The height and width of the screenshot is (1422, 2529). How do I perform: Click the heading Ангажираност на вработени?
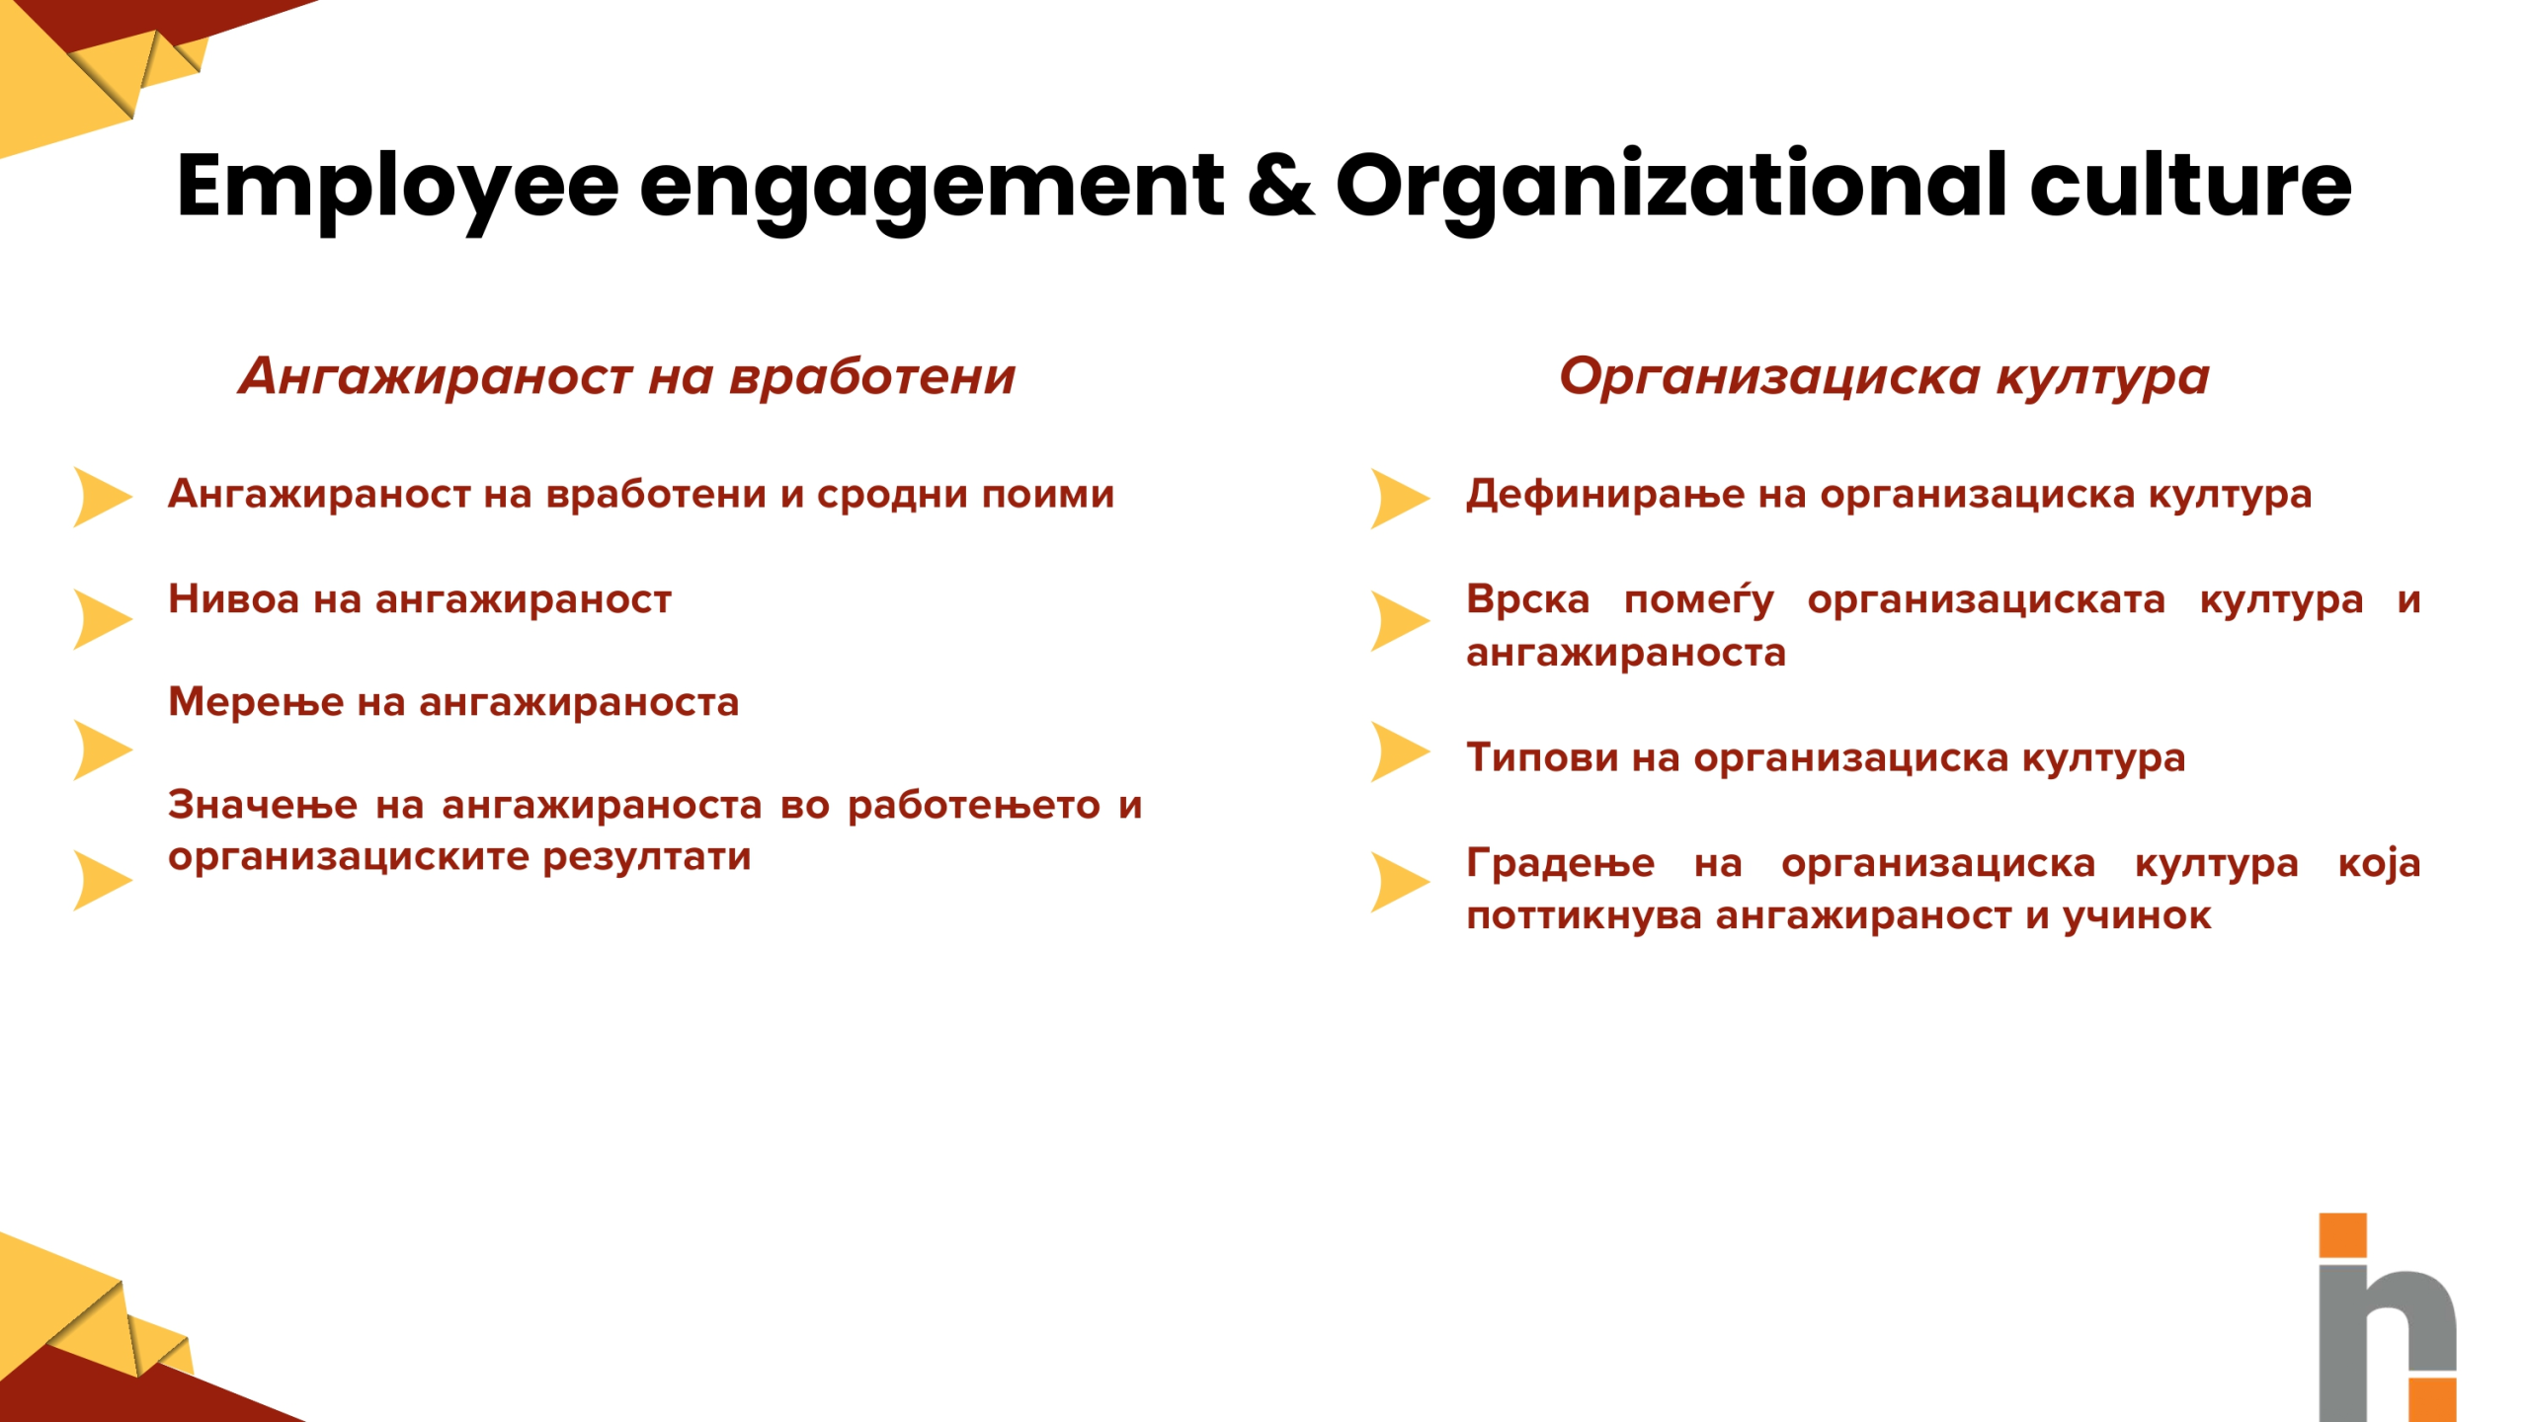(x=627, y=376)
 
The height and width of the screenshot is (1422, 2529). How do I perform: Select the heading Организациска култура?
(x=1884, y=377)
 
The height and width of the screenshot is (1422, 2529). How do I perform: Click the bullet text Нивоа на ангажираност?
(x=420, y=599)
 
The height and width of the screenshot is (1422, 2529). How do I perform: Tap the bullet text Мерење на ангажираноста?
(x=453, y=702)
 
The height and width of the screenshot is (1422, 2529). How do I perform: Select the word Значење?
(x=263, y=805)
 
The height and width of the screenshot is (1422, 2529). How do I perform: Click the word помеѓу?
(x=1699, y=599)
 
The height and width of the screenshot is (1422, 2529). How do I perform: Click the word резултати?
(x=647, y=857)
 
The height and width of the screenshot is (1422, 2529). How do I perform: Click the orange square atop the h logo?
(x=2342, y=1235)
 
